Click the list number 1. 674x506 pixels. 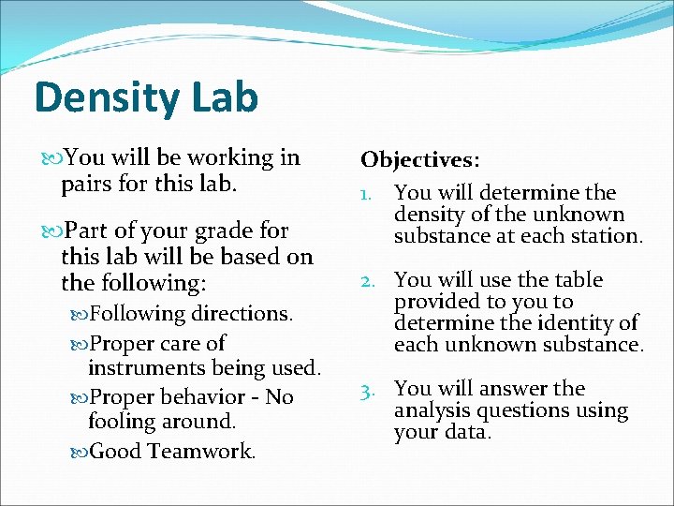point(368,194)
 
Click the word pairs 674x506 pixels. point(90,184)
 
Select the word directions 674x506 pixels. point(243,314)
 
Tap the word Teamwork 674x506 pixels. point(201,452)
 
